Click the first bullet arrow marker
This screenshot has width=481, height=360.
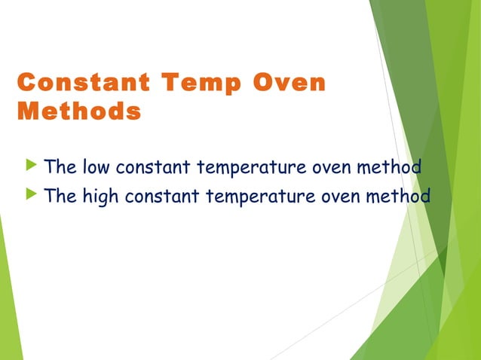30,165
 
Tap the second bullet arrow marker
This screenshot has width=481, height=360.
30,195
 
